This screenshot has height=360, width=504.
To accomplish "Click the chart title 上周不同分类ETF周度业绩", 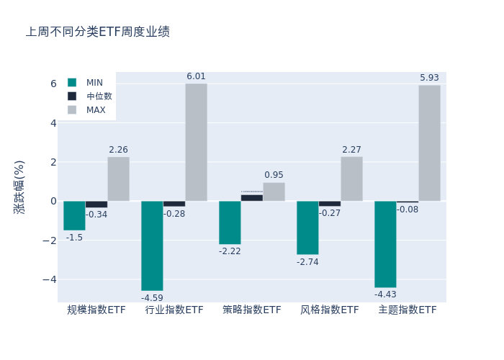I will pyautogui.click(x=98, y=32).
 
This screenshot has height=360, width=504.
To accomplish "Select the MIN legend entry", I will pyautogui.click(x=94, y=83).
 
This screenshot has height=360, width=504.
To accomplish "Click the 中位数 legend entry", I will pyautogui.click(x=99, y=96).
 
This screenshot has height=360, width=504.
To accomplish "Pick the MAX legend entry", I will pyautogui.click(x=96, y=110).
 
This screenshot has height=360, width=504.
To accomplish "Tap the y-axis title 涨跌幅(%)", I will pyautogui.click(x=19, y=186).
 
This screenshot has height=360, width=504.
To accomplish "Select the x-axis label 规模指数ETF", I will pyautogui.click(x=96, y=310).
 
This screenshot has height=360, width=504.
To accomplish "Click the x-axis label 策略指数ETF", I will pyautogui.click(x=252, y=310).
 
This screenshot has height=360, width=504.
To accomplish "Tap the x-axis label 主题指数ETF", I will pyautogui.click(x=408, y=310).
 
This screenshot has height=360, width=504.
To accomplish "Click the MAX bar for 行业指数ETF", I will pyautogui.click(x=196, y=143).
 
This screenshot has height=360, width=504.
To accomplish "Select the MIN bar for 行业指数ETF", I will pyautogui.click(x=152, y=246).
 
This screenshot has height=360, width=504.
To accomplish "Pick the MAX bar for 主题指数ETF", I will pyautogui.click(x=429, y=143).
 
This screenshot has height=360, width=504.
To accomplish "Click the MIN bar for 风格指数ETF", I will pyautogui.click(x=307, y=228).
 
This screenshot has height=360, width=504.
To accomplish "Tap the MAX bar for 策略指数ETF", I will pyautogui.click(x=274, y=192).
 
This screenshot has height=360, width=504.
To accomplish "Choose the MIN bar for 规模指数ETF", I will pyautogui.click(x=74, y=215).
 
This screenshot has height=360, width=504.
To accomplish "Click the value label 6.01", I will pyautogui.click(x=196, y=76).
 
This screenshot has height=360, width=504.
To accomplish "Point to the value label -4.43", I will pyautogui.click(x=385, y=294).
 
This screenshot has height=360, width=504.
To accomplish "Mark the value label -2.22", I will pyautogui.click(x=230, y=251).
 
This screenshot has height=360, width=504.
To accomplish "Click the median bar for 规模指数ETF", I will pyautogui.click(x=96, y=204).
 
